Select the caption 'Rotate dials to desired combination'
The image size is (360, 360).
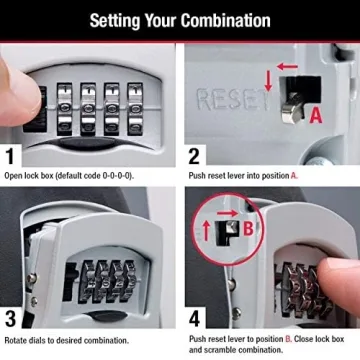(x=66, y=340)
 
